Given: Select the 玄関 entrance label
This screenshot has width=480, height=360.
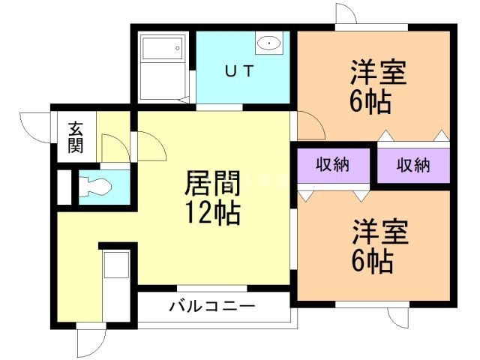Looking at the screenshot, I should point(76,136).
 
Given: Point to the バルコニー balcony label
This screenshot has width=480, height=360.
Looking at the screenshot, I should point(212,306).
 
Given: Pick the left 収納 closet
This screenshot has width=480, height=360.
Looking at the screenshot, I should point(331,165).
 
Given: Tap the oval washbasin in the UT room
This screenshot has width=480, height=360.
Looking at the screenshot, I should point(268,44).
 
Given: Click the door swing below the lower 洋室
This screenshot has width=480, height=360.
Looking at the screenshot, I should point(400,319).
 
